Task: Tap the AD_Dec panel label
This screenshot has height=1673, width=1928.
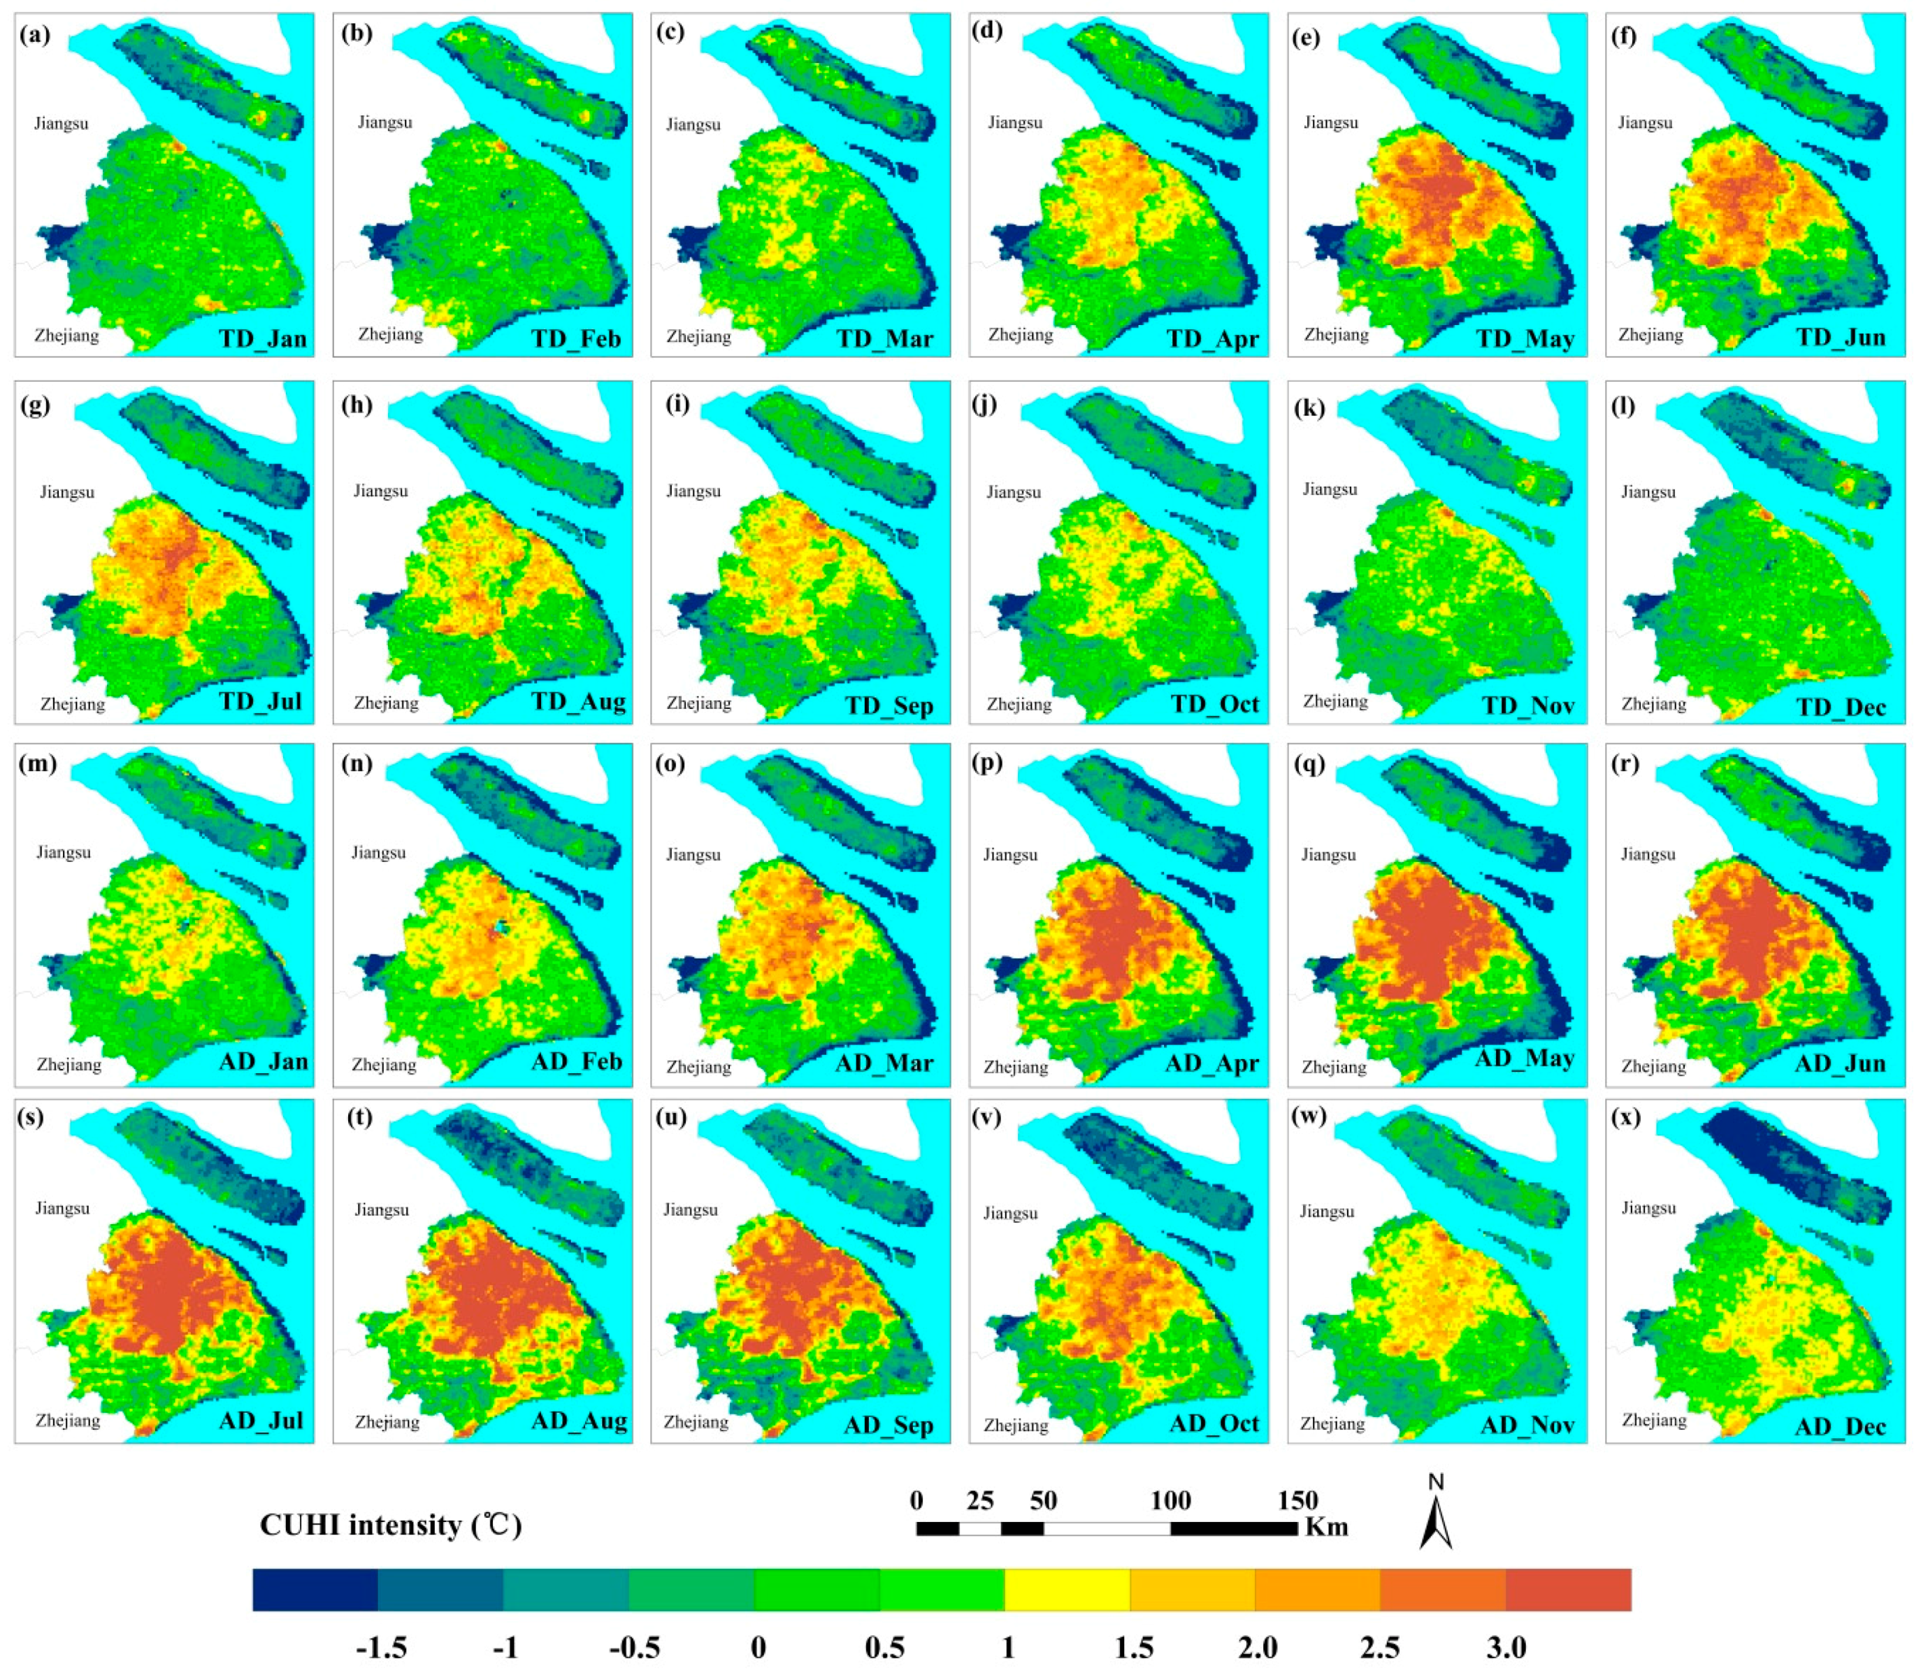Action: [x=1839, y=1426]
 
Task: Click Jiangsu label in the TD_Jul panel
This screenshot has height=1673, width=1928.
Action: [x=66, y=492]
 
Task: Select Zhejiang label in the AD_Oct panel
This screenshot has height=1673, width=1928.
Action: [x=1016, y=1425]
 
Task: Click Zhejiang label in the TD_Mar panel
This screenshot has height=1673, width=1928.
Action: [x=698, y=336]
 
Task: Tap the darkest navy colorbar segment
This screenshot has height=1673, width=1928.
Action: [x=315, y=1589]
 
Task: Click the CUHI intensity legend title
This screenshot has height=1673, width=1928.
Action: [x=390, y=1525]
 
